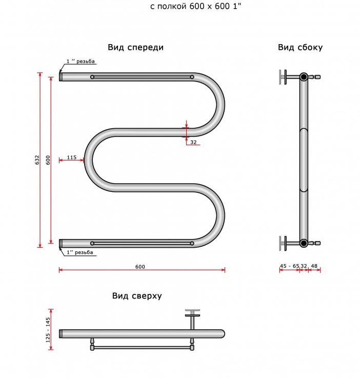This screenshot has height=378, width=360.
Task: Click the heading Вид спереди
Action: pos(136,48)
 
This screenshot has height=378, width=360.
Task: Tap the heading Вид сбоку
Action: pos(300,48)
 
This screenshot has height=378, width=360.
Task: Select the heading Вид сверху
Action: pos(137,296)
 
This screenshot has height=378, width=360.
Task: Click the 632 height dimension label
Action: pos(37,160)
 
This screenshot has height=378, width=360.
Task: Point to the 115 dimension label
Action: pos(72,157)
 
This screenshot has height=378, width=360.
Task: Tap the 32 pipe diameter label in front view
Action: pos(193,142)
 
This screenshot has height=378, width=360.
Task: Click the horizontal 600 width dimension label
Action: pos(140,267)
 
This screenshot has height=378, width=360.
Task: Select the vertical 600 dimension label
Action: pos(48,160)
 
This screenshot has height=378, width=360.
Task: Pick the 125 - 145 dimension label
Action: pos(48,330)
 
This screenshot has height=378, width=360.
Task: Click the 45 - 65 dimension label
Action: pos(289,266)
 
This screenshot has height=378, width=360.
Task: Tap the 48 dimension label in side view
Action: pos(314,266)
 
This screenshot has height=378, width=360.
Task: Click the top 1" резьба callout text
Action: pos(81,61)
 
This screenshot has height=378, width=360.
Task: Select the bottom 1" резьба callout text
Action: pos(80,252)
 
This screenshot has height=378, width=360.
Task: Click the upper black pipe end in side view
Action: pos(304,77)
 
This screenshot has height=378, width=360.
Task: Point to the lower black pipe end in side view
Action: pos(304,243)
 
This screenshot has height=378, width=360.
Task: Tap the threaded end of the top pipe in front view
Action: pos(61,77)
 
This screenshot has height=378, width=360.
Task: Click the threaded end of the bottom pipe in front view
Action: pos(61,243)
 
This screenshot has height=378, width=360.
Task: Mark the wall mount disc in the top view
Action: pos(192,313)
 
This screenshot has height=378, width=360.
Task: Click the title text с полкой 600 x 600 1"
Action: pos(196,7)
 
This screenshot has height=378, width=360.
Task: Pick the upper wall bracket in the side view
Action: pos(284,77)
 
